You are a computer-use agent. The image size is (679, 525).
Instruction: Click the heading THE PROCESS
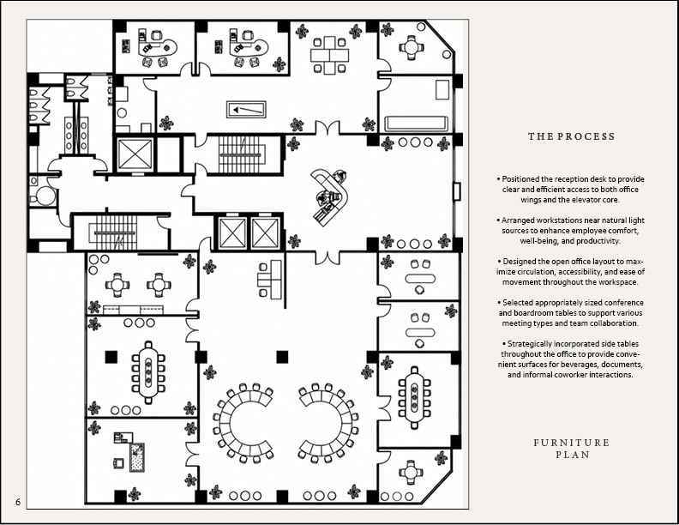click(x=571, y=136)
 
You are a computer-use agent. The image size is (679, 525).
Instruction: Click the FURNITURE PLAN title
click(x=572, y=449)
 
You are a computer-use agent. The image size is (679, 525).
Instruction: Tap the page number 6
click(x=18, y=502)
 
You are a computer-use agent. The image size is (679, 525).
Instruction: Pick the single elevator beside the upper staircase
click(x=135, y=154)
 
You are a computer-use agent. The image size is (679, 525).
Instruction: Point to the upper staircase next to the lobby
click(x=241, y=154)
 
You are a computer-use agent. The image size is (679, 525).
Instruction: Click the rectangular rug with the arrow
click(x=246, y=110)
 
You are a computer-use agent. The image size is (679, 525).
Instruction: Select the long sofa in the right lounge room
click(x=416, y=124)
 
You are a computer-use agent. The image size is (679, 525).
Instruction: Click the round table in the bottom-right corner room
click(x=410, y=473)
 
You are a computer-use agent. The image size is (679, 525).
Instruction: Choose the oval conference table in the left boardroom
click(x=148, y=372)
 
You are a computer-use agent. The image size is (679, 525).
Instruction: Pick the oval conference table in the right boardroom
click(x=414, y=398)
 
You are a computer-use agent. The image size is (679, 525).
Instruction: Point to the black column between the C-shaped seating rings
click(x=282, y=357)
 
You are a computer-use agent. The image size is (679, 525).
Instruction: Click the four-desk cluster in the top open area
click(x=329, y=56)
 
